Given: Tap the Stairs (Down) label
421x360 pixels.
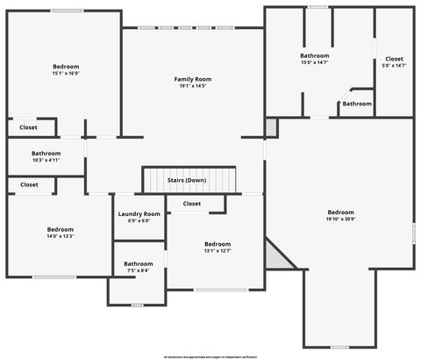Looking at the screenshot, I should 187,180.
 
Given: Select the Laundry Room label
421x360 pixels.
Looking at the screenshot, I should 139,214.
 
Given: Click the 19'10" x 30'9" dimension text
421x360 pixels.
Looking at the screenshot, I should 340,220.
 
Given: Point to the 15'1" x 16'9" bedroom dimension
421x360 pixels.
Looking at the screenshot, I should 66,74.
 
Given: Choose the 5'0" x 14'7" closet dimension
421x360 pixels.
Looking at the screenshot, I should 394,65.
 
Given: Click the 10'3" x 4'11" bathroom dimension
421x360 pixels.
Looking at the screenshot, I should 46,160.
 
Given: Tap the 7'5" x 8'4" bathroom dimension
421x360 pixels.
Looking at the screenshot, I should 138,270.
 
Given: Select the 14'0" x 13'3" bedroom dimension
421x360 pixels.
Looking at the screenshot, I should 61,235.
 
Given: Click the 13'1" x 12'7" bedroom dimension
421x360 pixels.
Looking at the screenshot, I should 218,251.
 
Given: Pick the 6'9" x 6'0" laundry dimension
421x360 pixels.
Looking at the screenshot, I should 139,221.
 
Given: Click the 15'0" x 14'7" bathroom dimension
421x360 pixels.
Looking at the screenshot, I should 315,62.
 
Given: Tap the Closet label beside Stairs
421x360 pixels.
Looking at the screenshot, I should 192,204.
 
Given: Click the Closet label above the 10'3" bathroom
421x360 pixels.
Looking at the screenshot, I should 29,127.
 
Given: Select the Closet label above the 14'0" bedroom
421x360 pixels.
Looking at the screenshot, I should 29,184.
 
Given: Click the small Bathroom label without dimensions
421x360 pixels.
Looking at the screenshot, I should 357,104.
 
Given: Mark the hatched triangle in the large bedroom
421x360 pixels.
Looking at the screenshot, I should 282,259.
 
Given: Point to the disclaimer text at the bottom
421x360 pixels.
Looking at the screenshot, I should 210,356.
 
